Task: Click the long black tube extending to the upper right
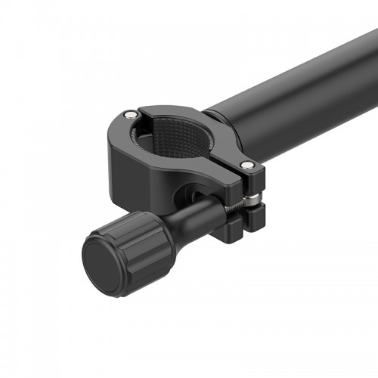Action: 302,91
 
